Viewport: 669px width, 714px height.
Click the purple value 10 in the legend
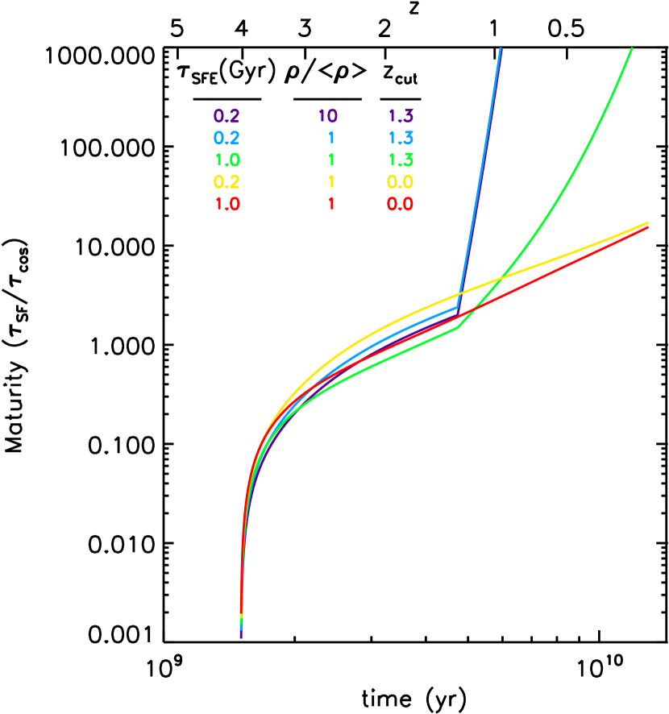(327, 116)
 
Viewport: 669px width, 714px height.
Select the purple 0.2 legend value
(226, 116)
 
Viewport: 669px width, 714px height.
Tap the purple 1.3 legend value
(401, 116)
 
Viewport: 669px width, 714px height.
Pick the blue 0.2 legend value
(226, 138)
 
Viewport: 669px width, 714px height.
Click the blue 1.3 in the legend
(401, 138)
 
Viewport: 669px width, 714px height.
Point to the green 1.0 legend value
(226, 160)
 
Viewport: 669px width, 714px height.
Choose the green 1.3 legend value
(401, 160)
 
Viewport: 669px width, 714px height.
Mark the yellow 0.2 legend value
(226, 182)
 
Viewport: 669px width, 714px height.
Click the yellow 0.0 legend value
(401, 182)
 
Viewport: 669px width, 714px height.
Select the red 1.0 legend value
(226, 204)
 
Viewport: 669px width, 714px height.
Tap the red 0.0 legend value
(401, 204)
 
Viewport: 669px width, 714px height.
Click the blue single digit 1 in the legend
(330, 138)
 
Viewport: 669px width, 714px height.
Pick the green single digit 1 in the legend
(330, 160)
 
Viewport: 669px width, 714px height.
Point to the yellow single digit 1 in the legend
(330, 182)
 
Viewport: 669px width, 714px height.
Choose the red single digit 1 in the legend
(330, 204)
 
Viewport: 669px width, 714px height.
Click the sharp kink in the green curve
(457, 328)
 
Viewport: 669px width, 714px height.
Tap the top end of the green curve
(631, 49)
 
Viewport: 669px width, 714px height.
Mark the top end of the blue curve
(501, 49)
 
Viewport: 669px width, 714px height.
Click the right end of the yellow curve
(648, 222)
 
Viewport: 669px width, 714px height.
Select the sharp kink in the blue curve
(457, 307)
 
